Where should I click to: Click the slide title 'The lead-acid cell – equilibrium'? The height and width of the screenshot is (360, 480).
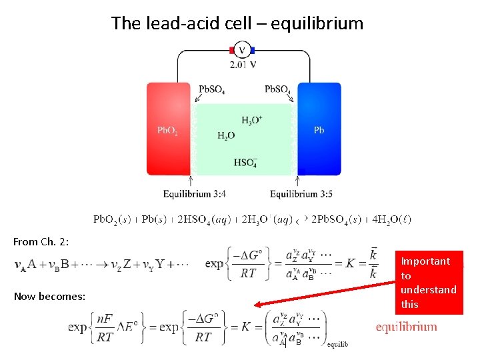(237, 23)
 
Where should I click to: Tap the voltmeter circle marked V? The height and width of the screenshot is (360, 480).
(242, 50)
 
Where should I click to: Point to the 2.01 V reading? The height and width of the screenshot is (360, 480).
(243, 65)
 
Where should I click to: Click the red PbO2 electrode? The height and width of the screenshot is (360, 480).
(168, 129)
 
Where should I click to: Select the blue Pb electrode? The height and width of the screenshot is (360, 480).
(319, 129)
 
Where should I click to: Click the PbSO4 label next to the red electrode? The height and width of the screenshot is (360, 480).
(211, 89)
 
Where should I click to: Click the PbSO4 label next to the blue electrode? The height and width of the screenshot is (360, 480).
(277, 89)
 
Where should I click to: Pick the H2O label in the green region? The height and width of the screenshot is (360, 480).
(226, 135)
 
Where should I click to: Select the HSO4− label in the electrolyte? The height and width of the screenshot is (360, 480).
(245, 162)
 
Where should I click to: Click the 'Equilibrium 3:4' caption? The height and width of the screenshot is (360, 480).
(194, 194)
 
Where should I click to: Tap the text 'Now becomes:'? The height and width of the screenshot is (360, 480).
(49, 295)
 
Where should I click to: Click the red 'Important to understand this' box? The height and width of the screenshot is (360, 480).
(429, 282)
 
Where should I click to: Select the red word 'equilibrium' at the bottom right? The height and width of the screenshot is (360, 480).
(406, 327)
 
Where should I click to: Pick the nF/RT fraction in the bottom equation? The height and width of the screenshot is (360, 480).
(104, 329)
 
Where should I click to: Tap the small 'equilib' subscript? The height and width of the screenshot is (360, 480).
(337, 344)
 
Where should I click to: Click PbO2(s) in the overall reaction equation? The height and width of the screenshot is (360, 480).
(112, 219)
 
